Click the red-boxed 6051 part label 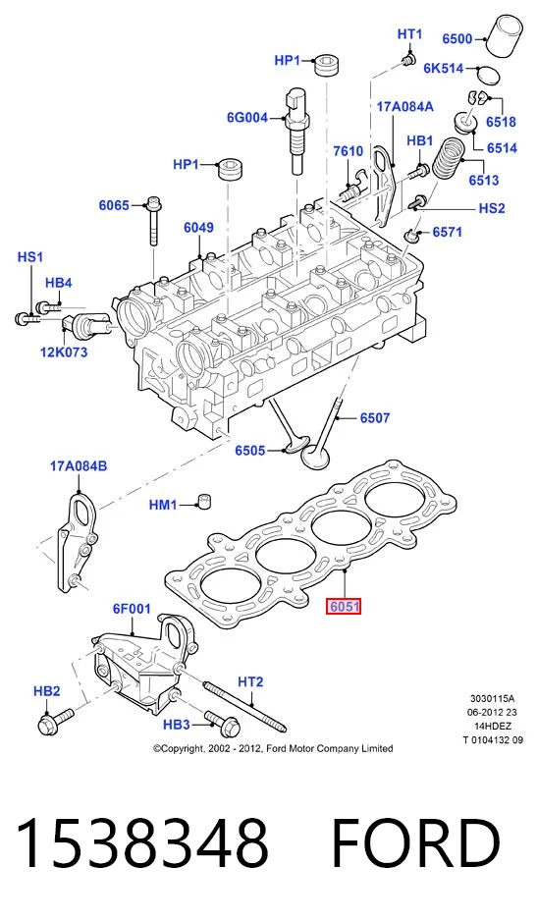point(344,606)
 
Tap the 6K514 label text point(444,68)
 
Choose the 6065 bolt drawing point(153,221)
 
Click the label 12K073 point(64,352)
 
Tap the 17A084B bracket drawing point(77,543)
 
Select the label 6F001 point(132,609)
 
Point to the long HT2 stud point(244,706)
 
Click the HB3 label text point(177,726)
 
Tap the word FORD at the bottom point(416,844)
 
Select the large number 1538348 point(142,844)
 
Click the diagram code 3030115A point(492,699)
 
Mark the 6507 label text point(375,418)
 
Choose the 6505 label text point(250,451)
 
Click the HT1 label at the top point(410,34)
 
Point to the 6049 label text point(198,228)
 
